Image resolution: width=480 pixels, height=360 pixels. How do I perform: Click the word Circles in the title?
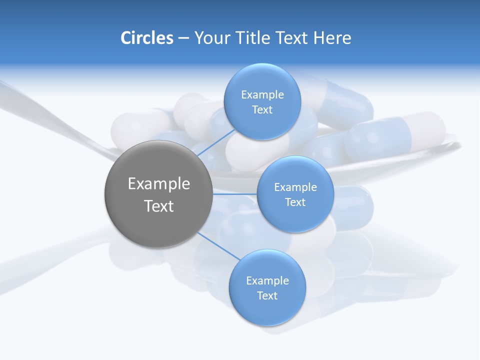[146, 38]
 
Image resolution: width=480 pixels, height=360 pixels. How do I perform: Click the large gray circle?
[158, 194]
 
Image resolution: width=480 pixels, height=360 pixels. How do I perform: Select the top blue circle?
[262, 101]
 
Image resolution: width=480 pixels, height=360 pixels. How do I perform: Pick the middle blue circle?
[295, 194]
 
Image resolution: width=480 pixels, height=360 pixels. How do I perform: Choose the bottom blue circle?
[267, 287]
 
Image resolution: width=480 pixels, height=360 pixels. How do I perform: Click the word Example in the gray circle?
[159, 184]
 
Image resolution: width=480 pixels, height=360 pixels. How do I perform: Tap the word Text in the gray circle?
[159, 206]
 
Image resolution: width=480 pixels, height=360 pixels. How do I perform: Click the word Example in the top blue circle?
[262, 95]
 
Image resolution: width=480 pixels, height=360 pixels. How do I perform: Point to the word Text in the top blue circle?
[262, 110]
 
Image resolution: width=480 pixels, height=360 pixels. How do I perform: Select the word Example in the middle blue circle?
[295, 187]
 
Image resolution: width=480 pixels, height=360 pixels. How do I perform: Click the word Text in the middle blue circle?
[295, 202]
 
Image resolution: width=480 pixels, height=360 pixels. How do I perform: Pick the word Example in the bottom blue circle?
[267, 281]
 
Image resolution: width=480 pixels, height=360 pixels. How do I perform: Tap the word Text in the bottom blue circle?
[267, 296]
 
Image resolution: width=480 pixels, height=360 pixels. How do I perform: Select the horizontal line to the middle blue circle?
[234, 194]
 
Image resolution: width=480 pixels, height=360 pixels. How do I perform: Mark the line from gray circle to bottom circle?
[218, 246]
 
